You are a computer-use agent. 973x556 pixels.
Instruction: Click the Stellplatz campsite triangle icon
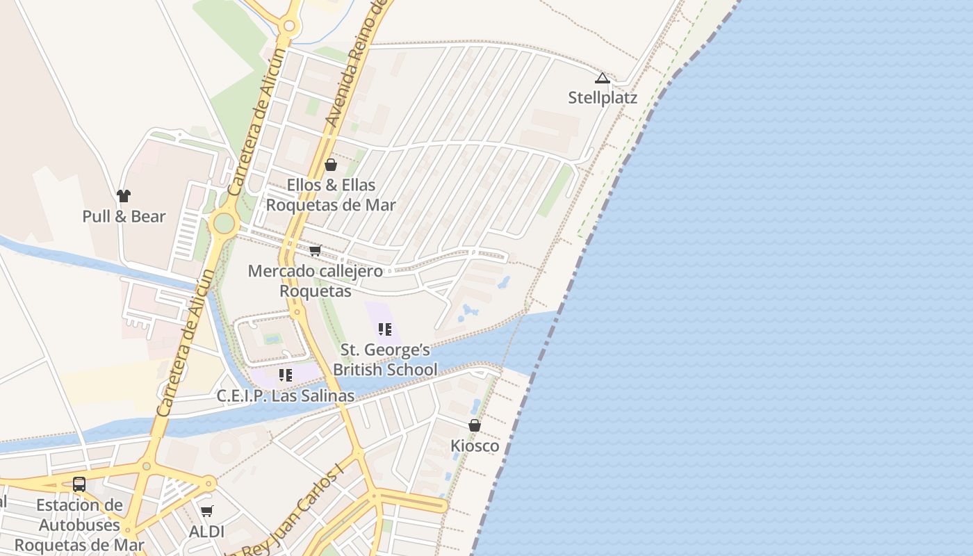click(603, 79)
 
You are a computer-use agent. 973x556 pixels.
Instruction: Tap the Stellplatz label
click(603, 97)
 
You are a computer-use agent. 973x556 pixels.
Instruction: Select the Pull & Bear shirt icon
click(124, 197)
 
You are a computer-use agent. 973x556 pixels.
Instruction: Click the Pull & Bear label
click(124, 216)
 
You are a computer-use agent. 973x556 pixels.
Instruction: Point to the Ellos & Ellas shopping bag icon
click(331, 165)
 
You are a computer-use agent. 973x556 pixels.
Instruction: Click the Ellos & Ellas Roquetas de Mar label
click(331, 195)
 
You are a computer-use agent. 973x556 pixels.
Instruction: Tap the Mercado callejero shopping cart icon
click(315, 251)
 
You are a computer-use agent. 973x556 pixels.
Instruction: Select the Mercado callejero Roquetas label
click(316, 281)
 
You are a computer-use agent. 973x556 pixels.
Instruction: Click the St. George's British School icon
click(385, 329)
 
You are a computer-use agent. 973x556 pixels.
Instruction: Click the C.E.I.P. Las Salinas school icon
click(286, 375)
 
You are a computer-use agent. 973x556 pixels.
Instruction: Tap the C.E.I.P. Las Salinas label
click(286, 396)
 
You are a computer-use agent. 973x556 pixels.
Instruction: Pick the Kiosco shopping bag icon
click(475, 425)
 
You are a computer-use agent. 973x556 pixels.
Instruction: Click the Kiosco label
click(475, 445)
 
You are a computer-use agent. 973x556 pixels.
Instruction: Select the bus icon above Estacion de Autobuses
click(79, 484)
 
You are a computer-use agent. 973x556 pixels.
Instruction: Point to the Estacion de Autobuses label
click(79, 525)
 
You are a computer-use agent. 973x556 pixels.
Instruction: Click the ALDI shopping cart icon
click(206, 512)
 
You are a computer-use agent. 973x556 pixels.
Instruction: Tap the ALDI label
click(206, 532)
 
